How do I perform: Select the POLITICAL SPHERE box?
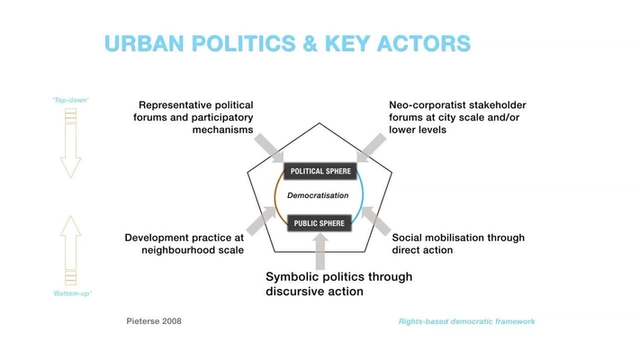pyautogui.click(x=319, y=171)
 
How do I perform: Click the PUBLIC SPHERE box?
pyautogui.click(x=319, y=222)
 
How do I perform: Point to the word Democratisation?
pyautogui.click(x=317, y=195)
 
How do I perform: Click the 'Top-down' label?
pyautogui.click(x=70, y=99)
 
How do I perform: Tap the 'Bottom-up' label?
pyautogui.click(x=71, y=293)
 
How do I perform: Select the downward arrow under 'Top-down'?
pyautogui.click(x=70, y=144)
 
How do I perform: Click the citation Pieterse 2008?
pyautogui.click(x=153, y=320)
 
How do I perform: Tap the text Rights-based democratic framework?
pyautogui.click(x=466, y=320)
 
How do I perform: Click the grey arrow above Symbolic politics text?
pyautogui.click(x=319, y=249)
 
